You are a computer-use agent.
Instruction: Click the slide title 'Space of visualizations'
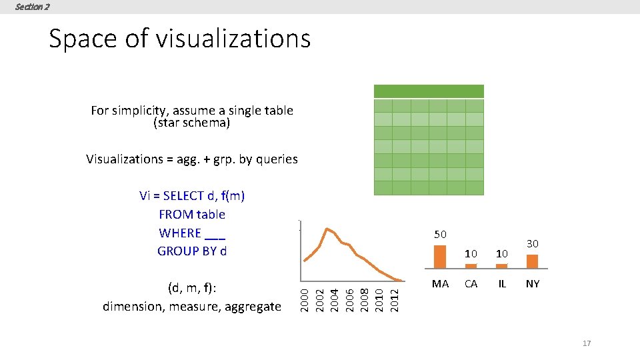pos(179,39)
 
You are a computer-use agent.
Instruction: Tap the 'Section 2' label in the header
pos(32,7)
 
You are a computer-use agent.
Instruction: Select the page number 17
pos(587,343)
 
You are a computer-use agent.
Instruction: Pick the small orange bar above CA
pos(471,265)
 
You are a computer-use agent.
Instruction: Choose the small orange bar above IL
pos(502,265)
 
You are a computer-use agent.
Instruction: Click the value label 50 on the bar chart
pos(440,235)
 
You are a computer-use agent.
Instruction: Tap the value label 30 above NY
pos(532,245)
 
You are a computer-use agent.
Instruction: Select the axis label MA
pos(440,284)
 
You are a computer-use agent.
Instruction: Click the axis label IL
pos(502,284)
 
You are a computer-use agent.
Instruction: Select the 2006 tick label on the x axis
pos(349,297)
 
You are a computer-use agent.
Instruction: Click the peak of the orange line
pos(327,229)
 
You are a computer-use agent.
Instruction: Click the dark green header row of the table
pos(429,91)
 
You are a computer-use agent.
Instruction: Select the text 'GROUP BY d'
pos(192,251)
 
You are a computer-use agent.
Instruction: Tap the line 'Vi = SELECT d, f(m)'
pos(192,196)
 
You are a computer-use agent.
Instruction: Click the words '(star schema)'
pos(192,123)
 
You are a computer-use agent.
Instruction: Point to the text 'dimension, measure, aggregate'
pos(192,307)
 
